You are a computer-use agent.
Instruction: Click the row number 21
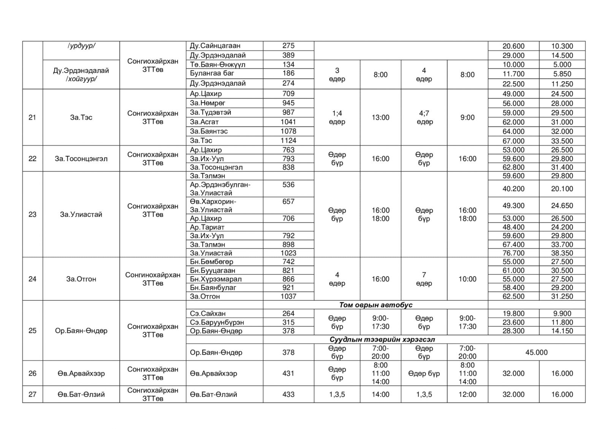[32, 117]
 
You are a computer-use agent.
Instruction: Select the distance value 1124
[288, 140]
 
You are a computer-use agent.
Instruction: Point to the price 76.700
[513, 253]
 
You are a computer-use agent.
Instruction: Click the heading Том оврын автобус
[375, 305]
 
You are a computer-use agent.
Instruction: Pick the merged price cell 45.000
[536, 352]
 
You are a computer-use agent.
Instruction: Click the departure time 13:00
[380, 117]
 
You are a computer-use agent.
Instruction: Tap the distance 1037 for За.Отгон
[288, 296]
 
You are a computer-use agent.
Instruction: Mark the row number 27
[32, 394]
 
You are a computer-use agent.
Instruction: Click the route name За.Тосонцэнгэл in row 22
[81, 159]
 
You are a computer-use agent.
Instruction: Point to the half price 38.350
[562, 253]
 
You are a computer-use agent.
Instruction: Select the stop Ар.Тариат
[207, 227]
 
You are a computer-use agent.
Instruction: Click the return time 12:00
[467, 394]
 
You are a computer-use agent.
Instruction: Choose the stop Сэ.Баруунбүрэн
[217, 322]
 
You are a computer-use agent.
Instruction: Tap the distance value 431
[288, 373]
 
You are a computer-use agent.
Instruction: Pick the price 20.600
[513, 46]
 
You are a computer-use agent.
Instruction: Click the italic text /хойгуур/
[81, 79]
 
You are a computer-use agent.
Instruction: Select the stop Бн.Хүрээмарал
[216, 279]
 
